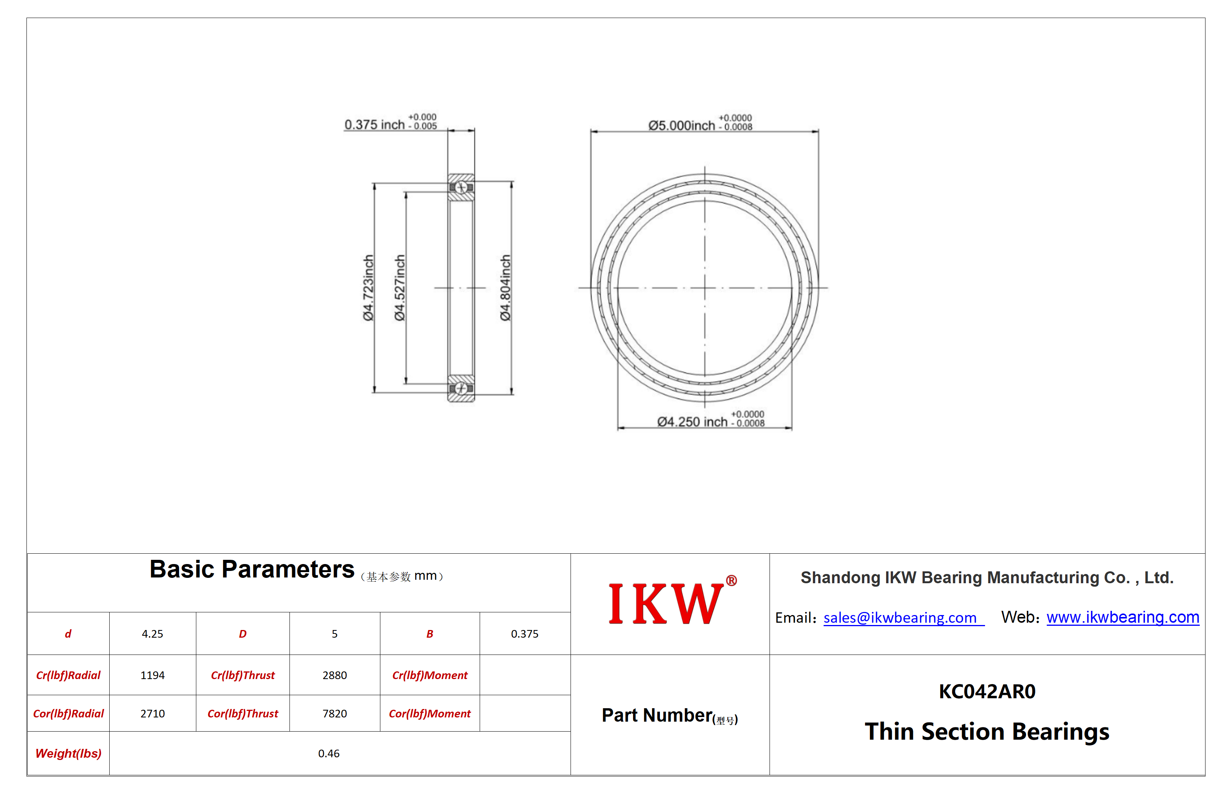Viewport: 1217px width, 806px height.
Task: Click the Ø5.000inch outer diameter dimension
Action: (x=700, y=123)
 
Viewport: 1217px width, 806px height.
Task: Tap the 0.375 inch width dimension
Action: (x=391, y=122)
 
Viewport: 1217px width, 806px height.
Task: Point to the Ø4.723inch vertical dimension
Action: (x=368, y=288)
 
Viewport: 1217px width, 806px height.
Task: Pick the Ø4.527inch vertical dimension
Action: (x=400, y=288)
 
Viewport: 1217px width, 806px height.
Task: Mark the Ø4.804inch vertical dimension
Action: (x=506, y=288)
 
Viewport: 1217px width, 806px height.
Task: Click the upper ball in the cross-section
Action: (x=461, y=188)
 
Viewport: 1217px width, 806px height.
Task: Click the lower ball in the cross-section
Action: (x=461, y=388)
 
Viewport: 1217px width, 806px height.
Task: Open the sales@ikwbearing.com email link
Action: (x=900, y=617)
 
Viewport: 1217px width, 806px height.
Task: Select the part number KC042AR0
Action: (x=987, y=691)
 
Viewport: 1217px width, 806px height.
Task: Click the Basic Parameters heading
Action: (x=252, y=569)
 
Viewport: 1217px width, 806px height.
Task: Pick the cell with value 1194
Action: (x=153, y=675)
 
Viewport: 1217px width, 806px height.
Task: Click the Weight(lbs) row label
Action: (x=68, y=753)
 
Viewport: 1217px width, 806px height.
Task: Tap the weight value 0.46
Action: (x=329, y=753)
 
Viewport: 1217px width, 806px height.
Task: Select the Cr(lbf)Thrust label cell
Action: (x=243, y=675)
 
